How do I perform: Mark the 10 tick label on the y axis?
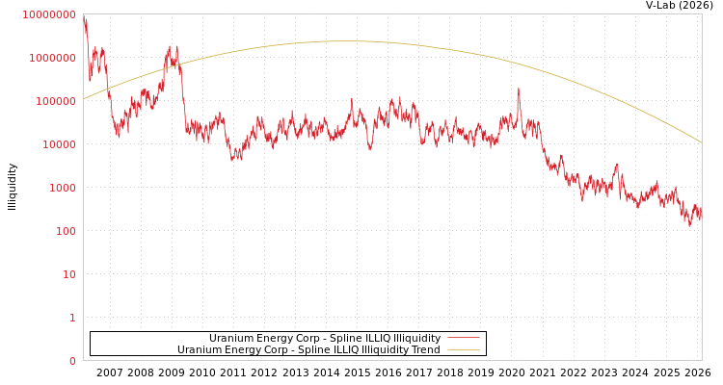click(x=69, y=274)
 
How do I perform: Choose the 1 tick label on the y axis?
click(x=72, y=318)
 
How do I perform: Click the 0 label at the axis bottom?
click(x=72, y=361)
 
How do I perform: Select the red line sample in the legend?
click(x=464, y=339)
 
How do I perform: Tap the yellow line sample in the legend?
click(x=464, y=350)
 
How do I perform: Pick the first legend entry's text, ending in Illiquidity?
click(x=325, y=339)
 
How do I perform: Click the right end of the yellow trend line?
click(x=701, y=142)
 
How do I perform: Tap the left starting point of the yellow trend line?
click(x=84, y=98)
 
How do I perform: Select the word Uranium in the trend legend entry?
click(x=199, y=350)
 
